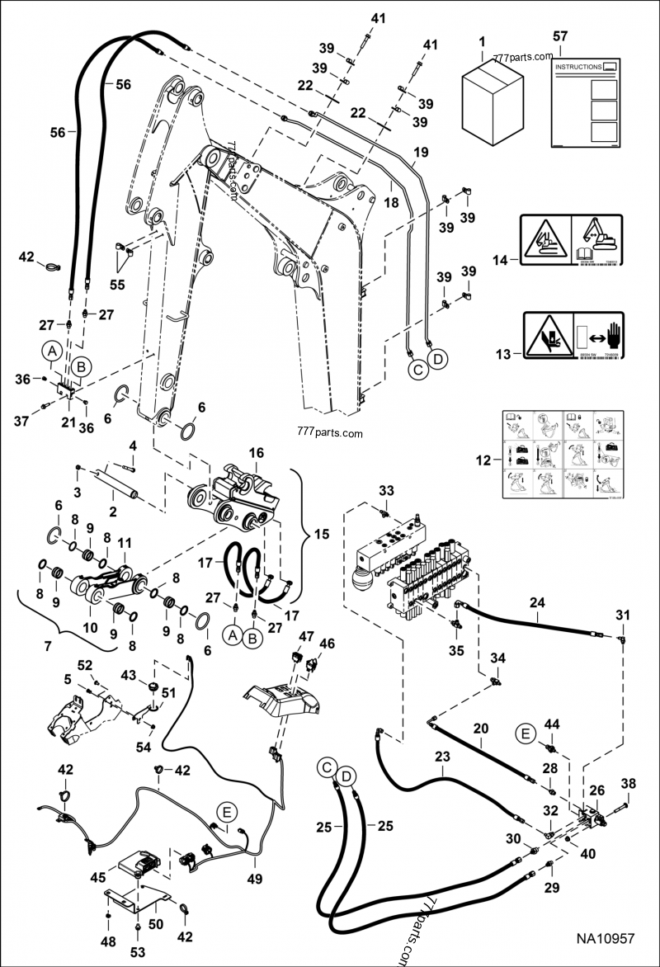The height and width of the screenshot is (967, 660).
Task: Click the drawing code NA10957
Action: [x=605, y=938]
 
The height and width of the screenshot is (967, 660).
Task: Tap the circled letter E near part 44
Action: [x=526, y=733]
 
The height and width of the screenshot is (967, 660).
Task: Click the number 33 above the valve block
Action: [x=386, y=491]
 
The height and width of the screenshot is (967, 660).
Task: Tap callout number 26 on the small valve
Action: [x=596, y=790]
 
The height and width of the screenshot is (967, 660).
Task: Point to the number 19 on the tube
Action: [x=421, y=152]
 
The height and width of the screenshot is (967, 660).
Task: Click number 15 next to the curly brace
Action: [x=314, y=534]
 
